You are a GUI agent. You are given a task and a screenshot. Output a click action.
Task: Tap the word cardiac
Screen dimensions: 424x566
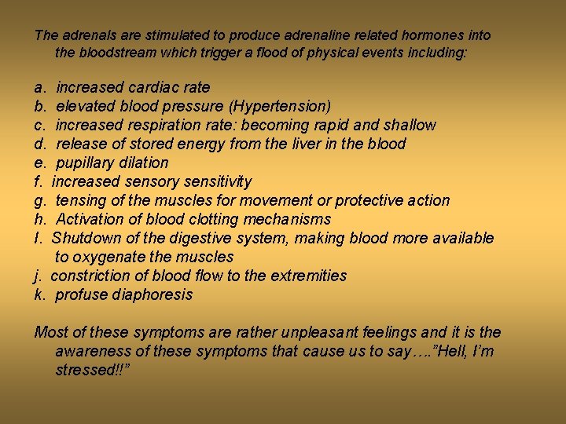click(x=154, y=87)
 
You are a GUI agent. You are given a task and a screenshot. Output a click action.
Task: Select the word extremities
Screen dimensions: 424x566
click(x=308, y=276)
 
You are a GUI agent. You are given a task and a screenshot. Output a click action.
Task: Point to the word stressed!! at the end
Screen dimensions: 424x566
click(x=91, y=370)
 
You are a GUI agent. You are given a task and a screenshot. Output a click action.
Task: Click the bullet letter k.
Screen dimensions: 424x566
click(x=39, y=294)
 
